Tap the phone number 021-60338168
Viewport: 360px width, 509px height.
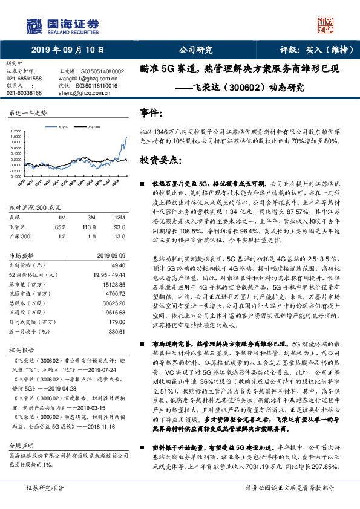[24, 93]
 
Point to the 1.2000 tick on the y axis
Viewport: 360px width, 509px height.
[17, 131]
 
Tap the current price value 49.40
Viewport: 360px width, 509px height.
[116, 265]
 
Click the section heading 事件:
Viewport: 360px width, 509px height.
[151, 114]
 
